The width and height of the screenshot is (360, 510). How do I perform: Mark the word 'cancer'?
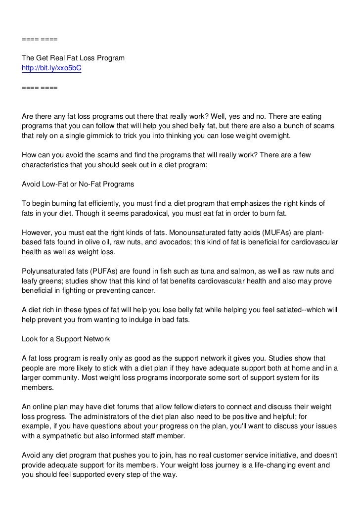tap(143, 290)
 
